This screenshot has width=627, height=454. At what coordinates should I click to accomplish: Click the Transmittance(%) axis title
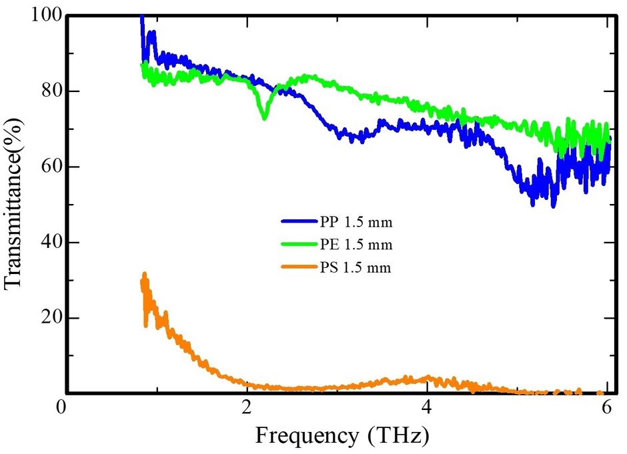pyautogui.click(x=15, y=203)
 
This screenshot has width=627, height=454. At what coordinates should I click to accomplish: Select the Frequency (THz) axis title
pyautogui.click(x=341, y=437)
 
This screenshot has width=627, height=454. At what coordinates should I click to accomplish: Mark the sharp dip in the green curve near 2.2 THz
pyautogui.click(x=265, y=117)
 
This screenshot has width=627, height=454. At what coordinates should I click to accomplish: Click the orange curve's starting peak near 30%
pyautogui.click(x=144, y=275)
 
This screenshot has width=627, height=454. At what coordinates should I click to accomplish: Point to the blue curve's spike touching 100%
pyautogui.click(x=141, y=17)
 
